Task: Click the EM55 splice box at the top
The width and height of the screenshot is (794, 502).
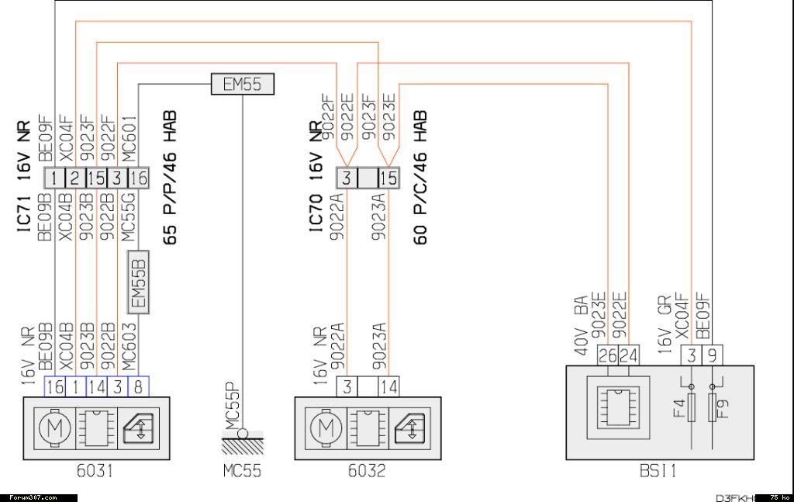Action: [x=242, y=84]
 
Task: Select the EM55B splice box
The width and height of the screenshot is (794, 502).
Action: [x=139, y=282]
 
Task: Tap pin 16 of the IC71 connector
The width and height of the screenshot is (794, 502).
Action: [x=137, y=178]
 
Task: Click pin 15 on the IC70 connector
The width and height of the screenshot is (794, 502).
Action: [x=388, y=178]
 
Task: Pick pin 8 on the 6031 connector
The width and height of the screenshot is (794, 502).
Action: [x=137, y=386]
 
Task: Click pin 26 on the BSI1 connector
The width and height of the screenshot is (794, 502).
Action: [x=608, y=355]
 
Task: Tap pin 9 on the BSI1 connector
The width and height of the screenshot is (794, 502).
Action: [x=713, y=355]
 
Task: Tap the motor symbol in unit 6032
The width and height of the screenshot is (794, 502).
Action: [x=328, y=426]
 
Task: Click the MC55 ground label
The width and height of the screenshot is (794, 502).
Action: [x=242, y=471]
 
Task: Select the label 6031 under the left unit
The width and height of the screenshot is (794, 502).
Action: [x=94, y=471]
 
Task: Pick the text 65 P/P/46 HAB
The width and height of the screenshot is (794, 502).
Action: [x=170, y=178]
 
